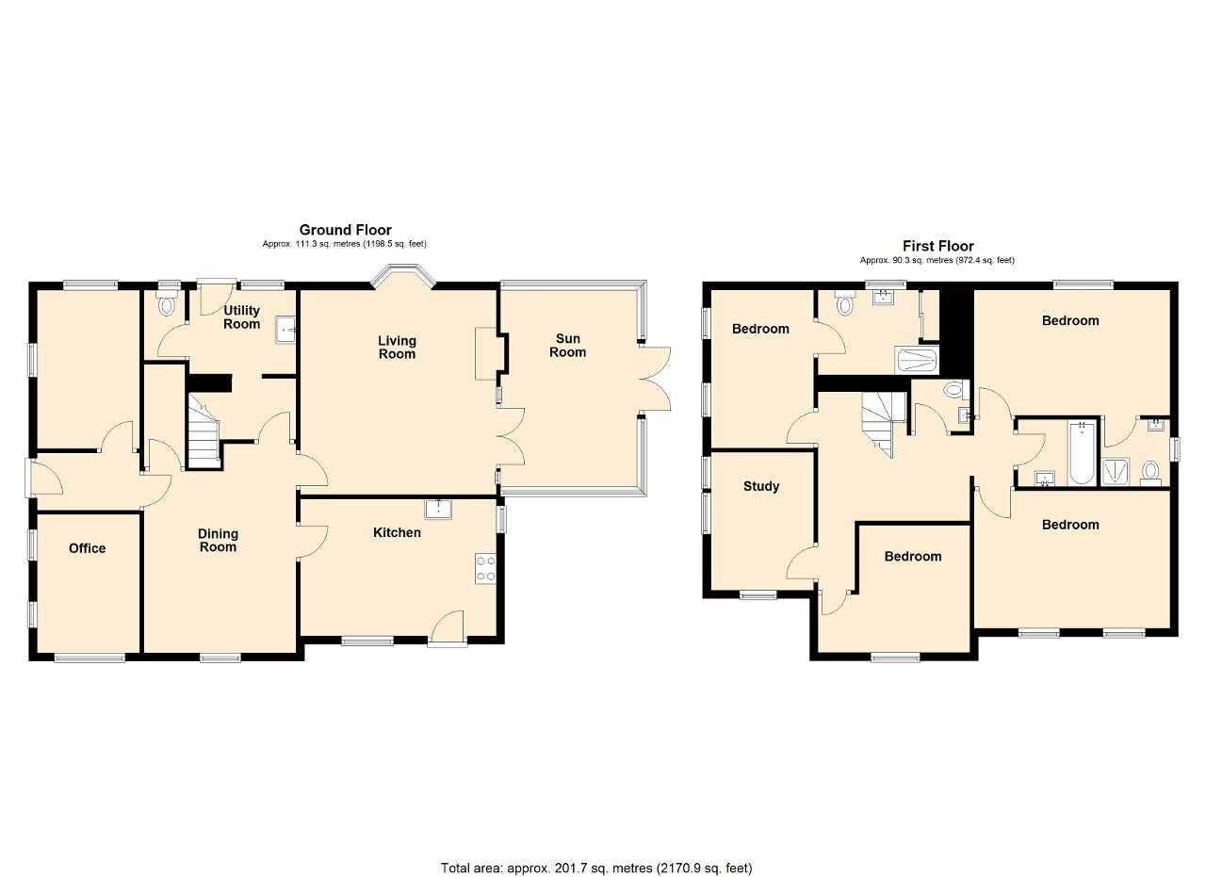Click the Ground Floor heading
tap(345, 230)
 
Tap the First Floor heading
tap(937, 246)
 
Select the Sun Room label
tap(567, 345)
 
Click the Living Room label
tap(397, 348)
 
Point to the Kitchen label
tap(397, 532)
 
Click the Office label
tap(88, 548)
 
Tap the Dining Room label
tap(218, 540)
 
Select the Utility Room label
tap(242, 317)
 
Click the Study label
tap(760, 486)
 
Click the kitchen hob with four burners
tap(485, 569)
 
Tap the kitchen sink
tap(438, 510)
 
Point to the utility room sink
tap(285, 330)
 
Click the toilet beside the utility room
tap(168, 304)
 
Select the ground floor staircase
tap(204, 430)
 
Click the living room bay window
tap(402, 274)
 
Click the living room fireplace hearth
tap(485, 353)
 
